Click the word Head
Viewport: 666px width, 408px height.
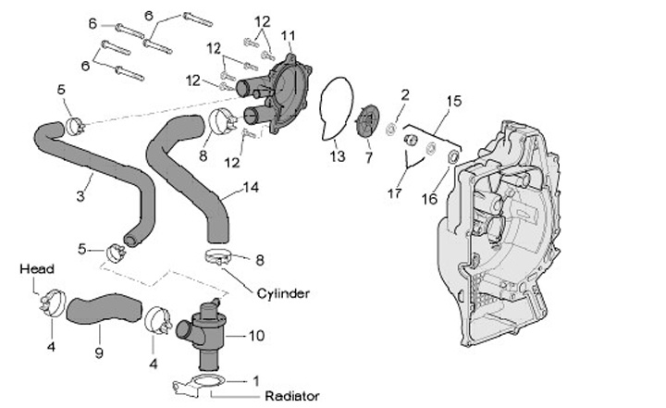tap(37, 269)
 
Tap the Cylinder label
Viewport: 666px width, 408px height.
tap(284, 293)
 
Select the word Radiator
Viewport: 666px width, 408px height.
tap(291, 396)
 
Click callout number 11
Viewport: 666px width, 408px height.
tap(288, 36)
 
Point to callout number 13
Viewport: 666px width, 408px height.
tap(338, 156)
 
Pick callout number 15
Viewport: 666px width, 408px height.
tap(453, 99)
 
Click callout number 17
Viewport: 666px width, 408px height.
tap(396, 193)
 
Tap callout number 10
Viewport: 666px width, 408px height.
tap(257, 334)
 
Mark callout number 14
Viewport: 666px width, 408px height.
tap(251, 187)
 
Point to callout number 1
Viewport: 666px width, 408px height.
tap(256, 379)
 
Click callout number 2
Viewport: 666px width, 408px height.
tap(404, 94)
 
